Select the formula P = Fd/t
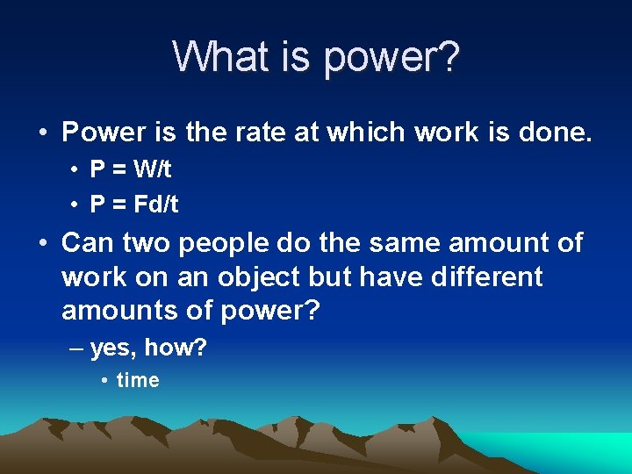(x=134, y=205)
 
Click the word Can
(x=86, y=242)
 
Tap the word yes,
(x=112, y=348)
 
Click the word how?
(x=176, y=348)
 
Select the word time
(x=138, y=380)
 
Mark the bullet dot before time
(x=104, y=381)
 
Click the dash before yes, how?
(x=76, y=348)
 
